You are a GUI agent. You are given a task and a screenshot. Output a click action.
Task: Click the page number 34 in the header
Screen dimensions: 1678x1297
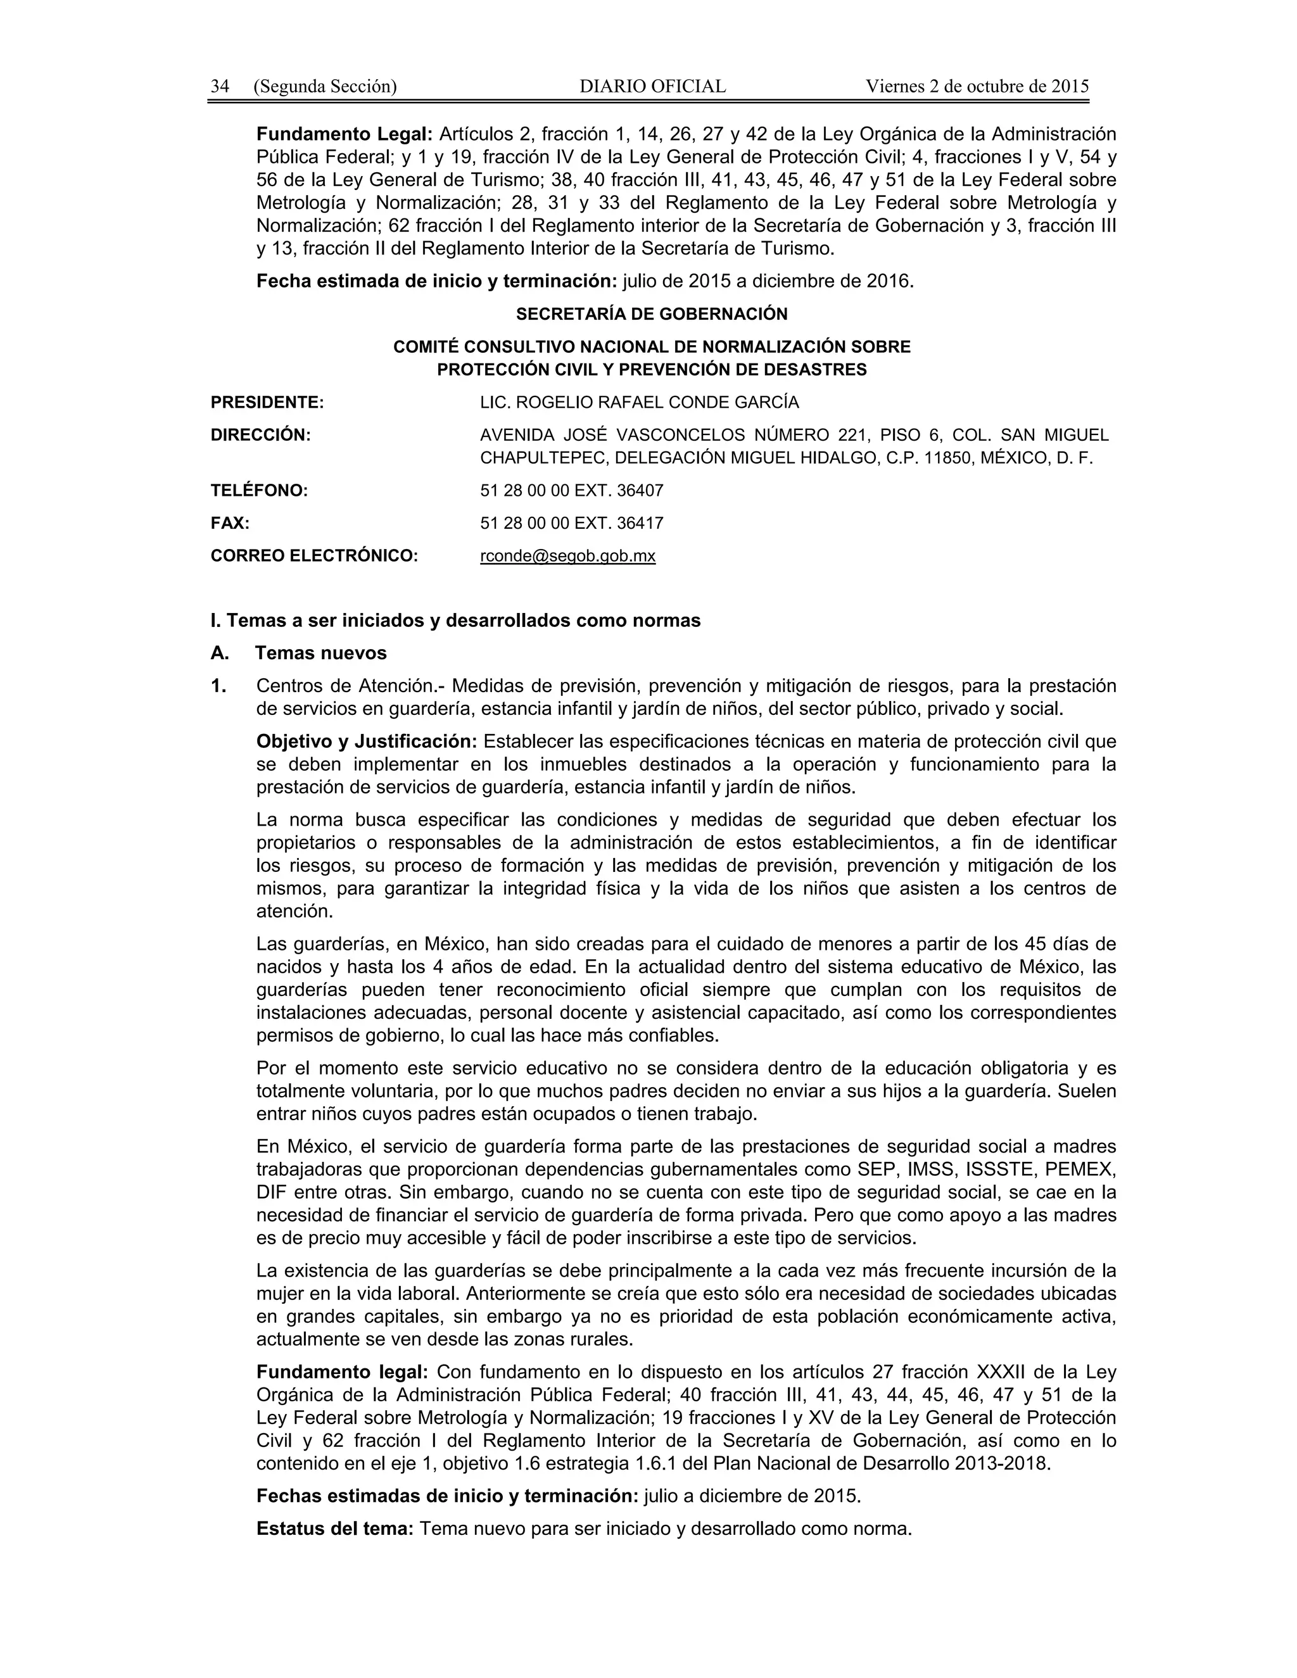click(220, 86)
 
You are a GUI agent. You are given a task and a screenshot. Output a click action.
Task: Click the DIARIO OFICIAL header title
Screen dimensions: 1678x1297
click(652, 86)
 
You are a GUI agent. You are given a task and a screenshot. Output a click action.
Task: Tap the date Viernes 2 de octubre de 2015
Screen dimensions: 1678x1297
click(977, 86)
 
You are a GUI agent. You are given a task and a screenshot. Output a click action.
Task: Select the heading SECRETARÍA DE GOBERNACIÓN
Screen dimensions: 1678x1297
click(652, 314)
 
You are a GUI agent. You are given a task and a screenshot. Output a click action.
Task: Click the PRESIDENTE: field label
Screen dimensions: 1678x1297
click(267, 403)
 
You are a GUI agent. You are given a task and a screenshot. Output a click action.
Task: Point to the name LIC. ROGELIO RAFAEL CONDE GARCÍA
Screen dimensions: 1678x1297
click(639, 403)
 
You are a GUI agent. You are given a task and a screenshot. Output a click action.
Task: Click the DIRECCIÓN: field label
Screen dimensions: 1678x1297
click(260, 435)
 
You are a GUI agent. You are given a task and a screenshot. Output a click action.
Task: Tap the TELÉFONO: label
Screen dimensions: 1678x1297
click(259, 491)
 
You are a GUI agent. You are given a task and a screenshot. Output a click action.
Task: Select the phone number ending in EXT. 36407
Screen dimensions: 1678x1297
click(572, 491)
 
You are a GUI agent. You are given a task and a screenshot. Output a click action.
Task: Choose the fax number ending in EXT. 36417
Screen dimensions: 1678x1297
click(572, 523)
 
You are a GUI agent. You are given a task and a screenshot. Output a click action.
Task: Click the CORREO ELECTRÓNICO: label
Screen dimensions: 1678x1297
click(314, 556)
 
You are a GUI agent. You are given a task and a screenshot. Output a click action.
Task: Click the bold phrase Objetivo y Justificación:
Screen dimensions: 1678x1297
click(367, 741)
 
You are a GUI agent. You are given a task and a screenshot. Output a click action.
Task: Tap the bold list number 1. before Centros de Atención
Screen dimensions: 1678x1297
click(219, 685)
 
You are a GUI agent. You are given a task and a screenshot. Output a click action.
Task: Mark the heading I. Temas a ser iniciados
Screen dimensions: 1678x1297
click(455, 621)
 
